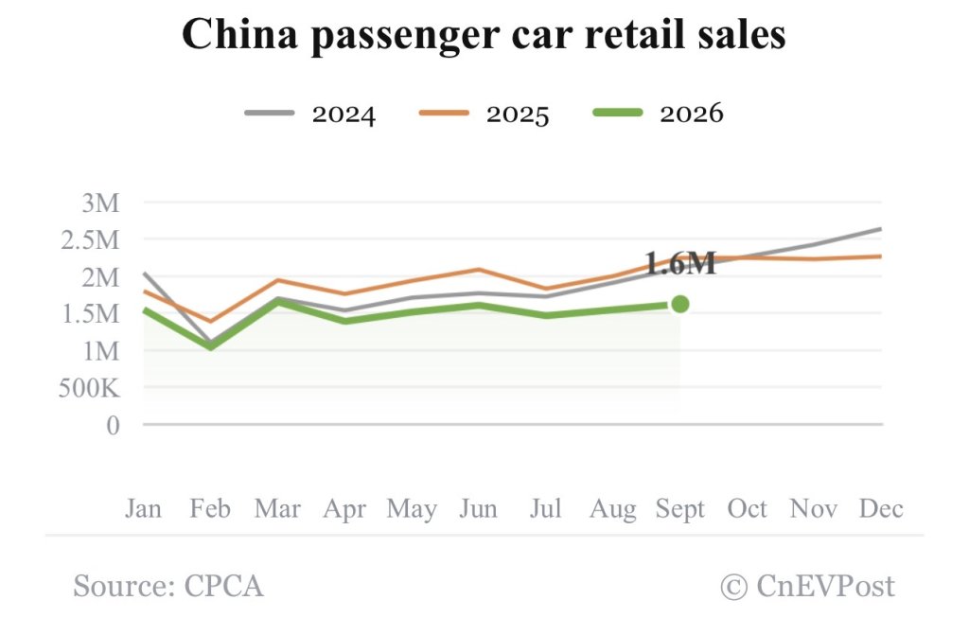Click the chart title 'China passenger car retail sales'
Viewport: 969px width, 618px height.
tap(484, 35)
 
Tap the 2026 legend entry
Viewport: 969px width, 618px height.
tap(658, 114)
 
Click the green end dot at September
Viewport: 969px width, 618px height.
tap(679, 304)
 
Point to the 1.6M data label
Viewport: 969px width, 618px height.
tap(679, 263)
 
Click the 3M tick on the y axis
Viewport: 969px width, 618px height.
tap(100, 203)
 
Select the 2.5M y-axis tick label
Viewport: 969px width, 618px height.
tap(90, 240)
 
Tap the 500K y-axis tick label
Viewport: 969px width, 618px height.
tap(90, 389)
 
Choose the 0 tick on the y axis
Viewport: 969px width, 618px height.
tap(113, 426)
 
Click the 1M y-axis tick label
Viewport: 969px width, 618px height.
tap(100, 352)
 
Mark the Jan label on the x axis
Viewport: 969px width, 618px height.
tap(144, 508)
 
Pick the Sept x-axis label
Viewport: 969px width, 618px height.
tap(679, 509)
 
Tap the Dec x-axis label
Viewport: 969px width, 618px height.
tap(881, 508)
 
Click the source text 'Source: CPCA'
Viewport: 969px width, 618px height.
tap(168, 586)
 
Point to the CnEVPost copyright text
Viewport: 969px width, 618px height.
tap(808, 586)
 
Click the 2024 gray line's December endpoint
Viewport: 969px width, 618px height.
tap(881, 229)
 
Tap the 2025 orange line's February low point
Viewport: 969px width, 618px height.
tap(211, 322)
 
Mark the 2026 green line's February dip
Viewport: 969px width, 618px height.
tap(211, 346)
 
